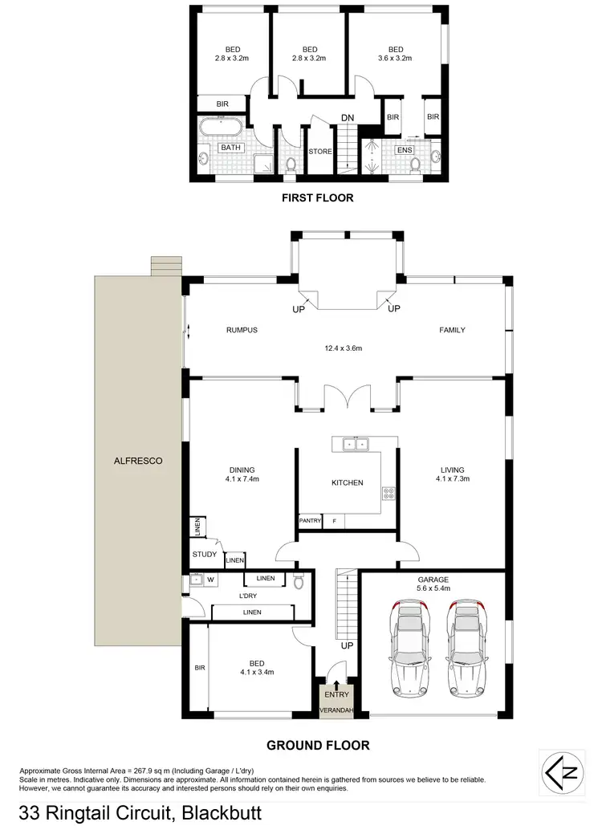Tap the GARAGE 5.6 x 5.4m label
[432, 584]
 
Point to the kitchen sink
[353, 443]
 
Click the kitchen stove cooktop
[389, 494]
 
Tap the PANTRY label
[310, 521]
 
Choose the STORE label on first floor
[320, 151]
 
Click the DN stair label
[348, 118]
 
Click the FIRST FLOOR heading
[316, 197]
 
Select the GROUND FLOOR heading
[318, 746]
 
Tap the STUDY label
[205, 554]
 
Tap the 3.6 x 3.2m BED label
[394, 53]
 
